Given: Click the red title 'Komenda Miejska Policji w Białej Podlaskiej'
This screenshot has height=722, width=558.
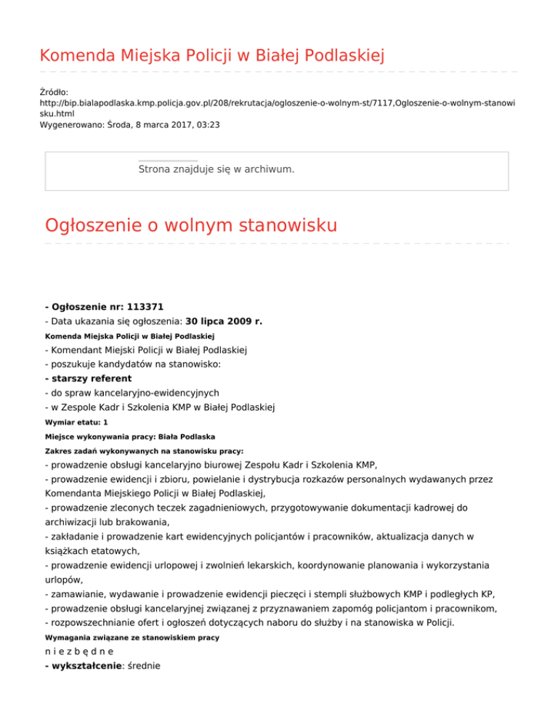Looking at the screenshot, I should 211,55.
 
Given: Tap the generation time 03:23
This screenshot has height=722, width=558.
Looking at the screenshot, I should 207,125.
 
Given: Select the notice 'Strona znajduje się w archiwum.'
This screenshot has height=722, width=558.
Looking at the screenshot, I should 217,169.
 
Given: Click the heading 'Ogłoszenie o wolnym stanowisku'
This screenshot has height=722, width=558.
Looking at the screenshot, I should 191,225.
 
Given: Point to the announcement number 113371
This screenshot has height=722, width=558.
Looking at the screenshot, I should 149,307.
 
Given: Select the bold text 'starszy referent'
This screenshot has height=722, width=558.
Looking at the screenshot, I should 91,378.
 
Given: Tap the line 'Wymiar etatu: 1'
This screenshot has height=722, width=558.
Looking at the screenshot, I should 76,421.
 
